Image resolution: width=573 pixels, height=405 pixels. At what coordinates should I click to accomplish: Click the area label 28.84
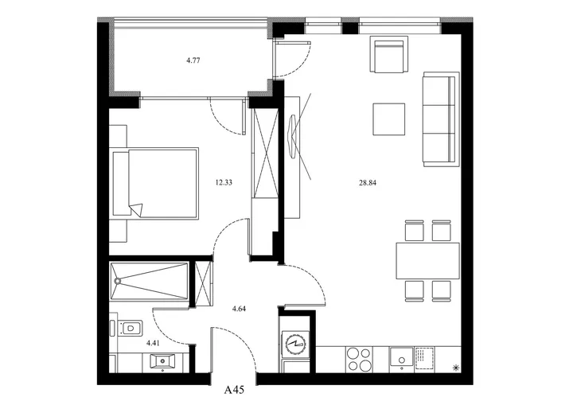coord(367,183)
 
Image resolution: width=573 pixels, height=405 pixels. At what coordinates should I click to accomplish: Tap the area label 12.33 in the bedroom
coord(224,182)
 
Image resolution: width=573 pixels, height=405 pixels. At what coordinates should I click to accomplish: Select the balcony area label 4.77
coord(193,60)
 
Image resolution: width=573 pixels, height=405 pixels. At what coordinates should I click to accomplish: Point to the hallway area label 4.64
coord(239,309)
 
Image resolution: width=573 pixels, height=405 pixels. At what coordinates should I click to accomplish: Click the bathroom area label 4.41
coord(153,343)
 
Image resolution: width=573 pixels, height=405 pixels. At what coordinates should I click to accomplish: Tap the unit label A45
coord(234,391)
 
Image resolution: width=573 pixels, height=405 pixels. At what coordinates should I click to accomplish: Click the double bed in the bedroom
coord(156,183)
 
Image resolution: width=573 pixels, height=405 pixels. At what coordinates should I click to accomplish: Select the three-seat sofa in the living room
coord(441,119)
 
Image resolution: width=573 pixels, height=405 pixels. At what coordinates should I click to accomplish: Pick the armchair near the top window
coord(389,54)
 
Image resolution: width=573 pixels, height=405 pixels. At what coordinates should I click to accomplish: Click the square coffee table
coord(389,119)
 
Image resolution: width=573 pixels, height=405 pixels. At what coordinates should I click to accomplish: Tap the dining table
coord(428,261)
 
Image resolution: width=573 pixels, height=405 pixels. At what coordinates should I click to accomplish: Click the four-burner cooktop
coord(359,360)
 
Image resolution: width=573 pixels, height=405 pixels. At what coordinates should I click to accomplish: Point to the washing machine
coord(295,345)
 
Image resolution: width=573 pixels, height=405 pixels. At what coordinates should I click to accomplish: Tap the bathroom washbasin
coord(162,361)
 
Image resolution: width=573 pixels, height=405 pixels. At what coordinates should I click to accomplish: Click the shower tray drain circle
coord(118,281)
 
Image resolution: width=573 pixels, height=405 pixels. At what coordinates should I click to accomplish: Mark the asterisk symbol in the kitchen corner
coord(456,368)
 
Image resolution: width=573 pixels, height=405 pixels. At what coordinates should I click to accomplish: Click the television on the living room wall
coord(293,137)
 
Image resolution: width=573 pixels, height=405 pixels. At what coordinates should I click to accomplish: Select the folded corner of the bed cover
coord(136,210)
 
